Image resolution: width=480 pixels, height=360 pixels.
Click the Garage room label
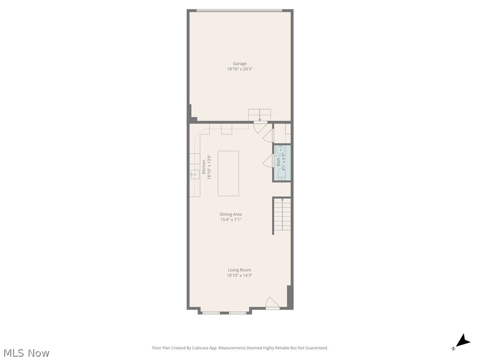(x=240, y=64)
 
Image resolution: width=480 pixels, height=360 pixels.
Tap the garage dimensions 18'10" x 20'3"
(x=240, y=69)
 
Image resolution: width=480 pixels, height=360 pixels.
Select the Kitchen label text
(x=203, y=167)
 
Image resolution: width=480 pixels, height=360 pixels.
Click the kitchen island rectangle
(x=228, y=173)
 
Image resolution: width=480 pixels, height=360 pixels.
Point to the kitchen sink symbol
(x=194, y=174)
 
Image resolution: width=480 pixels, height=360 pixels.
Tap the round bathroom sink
(x=280, y=150)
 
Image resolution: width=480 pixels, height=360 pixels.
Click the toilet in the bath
(x=281, y=174)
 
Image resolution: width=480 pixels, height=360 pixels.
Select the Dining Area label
(x=231, y=214)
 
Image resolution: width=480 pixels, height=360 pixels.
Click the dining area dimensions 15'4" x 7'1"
(x=231, y=220)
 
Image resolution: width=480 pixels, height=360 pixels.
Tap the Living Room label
(x=240, y=270)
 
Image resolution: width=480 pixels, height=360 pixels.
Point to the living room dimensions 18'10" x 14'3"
(x=240, y=276)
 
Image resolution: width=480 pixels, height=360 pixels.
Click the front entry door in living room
(x=272, y=303)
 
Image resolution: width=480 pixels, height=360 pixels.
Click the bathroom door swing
(x=268, y=161)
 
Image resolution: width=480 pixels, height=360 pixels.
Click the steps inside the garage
(x=260, y=115)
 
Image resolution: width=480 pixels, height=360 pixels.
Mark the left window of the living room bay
(x=211, y=312)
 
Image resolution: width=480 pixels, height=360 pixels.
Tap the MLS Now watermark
(x=26, y=353)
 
